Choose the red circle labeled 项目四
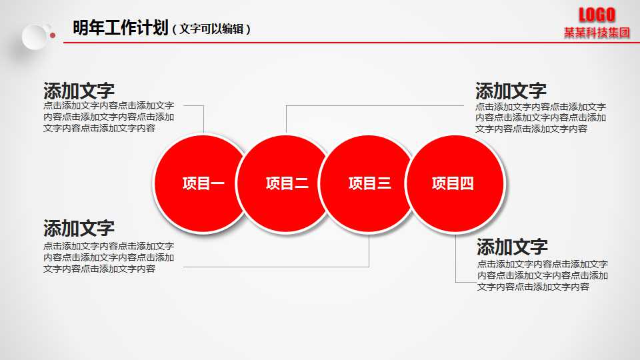[453, 184]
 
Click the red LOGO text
[597, 15]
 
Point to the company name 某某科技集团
[597, 33]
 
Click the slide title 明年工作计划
[120, 28]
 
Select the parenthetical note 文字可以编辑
[211, 29]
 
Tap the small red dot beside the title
[53, 35]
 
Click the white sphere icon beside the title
[35, 37]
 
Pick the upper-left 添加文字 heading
[79, 91]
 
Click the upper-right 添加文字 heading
[511, 91]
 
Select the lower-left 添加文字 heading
[79, 228]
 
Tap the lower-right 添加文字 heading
[512, 247]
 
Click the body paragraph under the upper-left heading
[109, 117]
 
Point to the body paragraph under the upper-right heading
[541, 117]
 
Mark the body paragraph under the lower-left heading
[109, 257]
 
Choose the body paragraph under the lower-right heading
[542, 275]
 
